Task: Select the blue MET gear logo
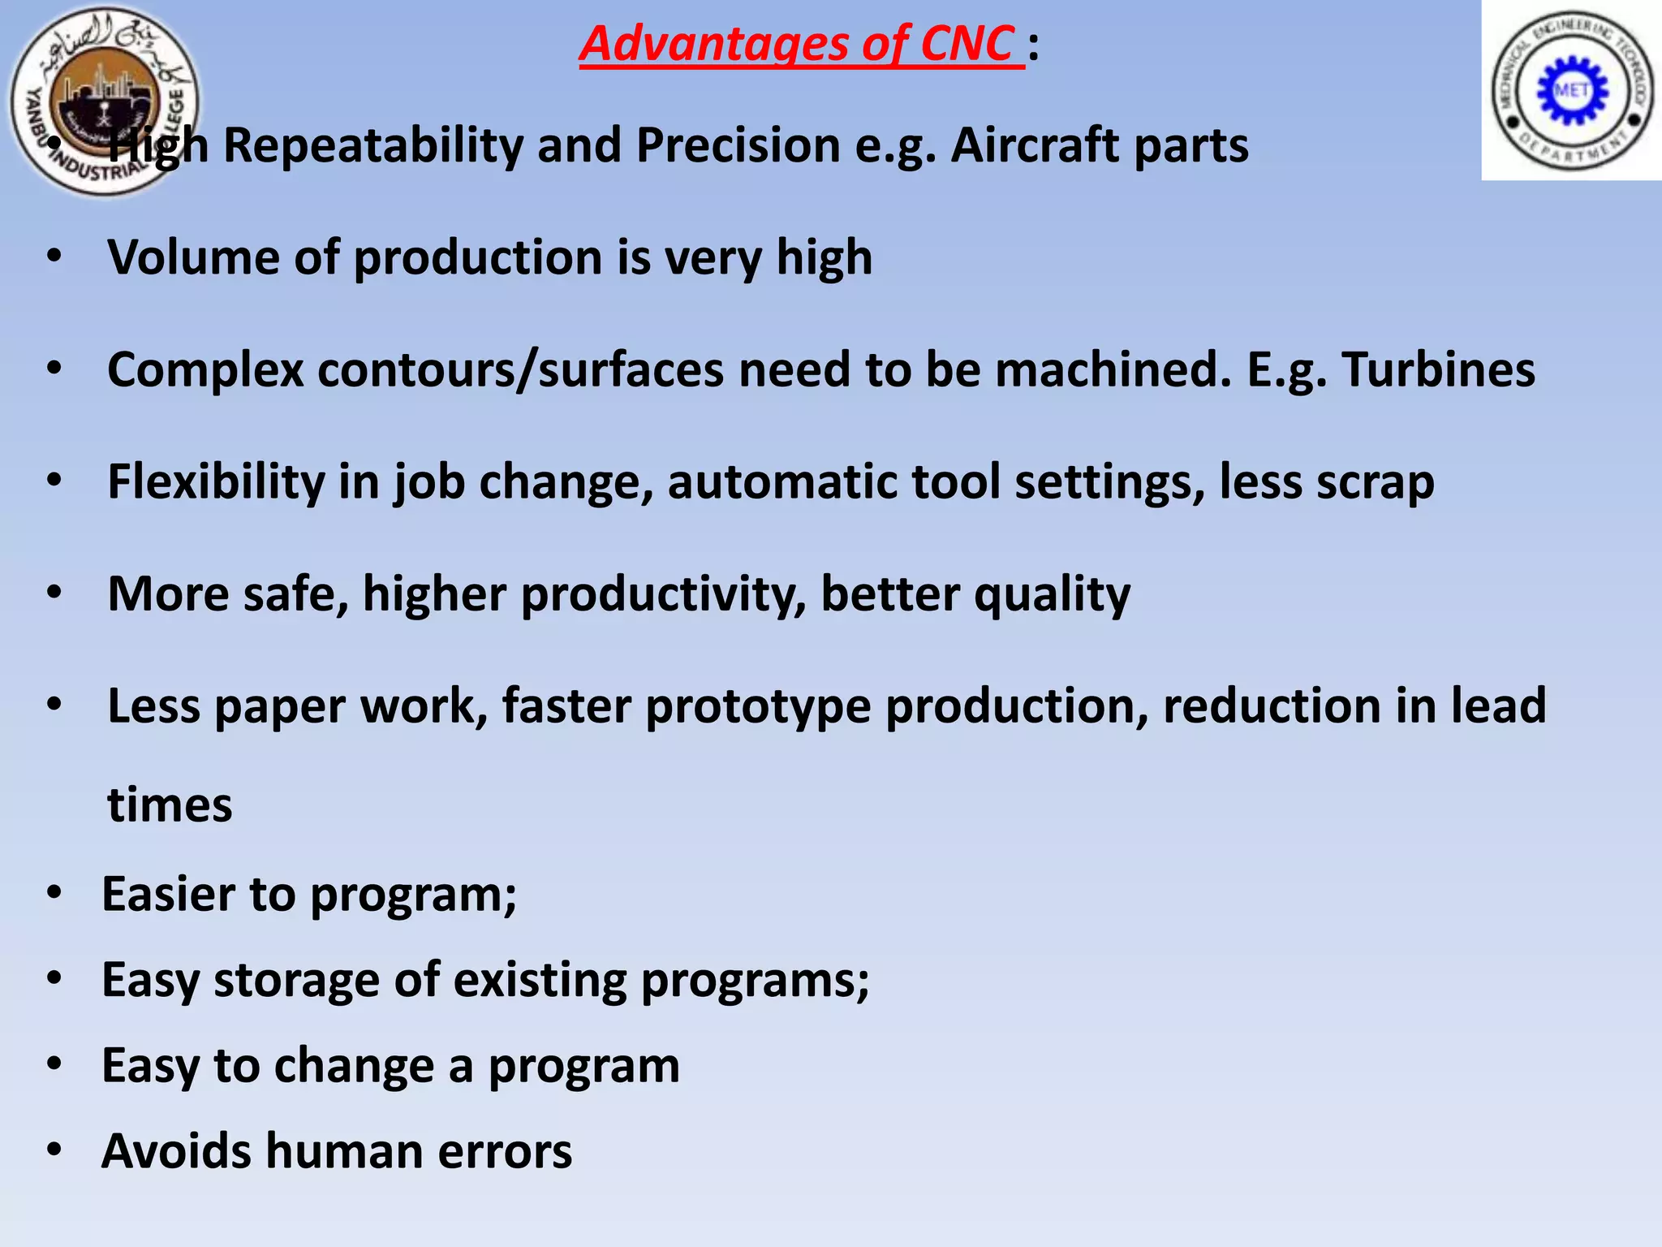1572,90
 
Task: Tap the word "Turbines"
1438,369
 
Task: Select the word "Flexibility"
216,481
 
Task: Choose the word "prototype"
758,705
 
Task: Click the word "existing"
540,980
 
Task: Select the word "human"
344,1151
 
